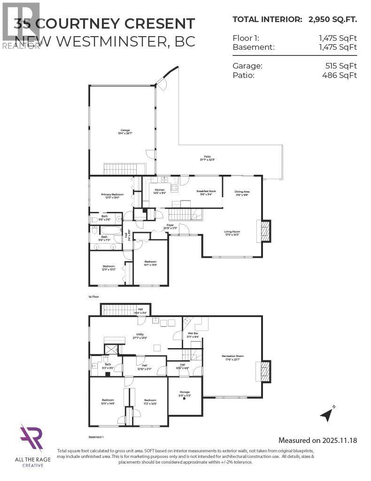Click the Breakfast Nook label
point(206,191)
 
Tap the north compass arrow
point(327,414)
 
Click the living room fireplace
point(265,231)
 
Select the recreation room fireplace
point(265,372)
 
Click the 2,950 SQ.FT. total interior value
point(332,19)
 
